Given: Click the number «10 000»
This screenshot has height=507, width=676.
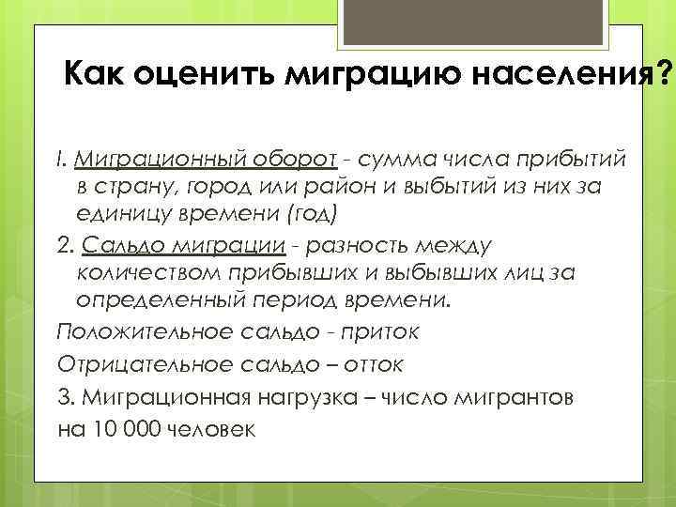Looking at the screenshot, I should pyautogui.click(x=122, y=427).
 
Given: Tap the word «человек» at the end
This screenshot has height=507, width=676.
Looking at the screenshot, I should pyautogui.click(x=207, y=427).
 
